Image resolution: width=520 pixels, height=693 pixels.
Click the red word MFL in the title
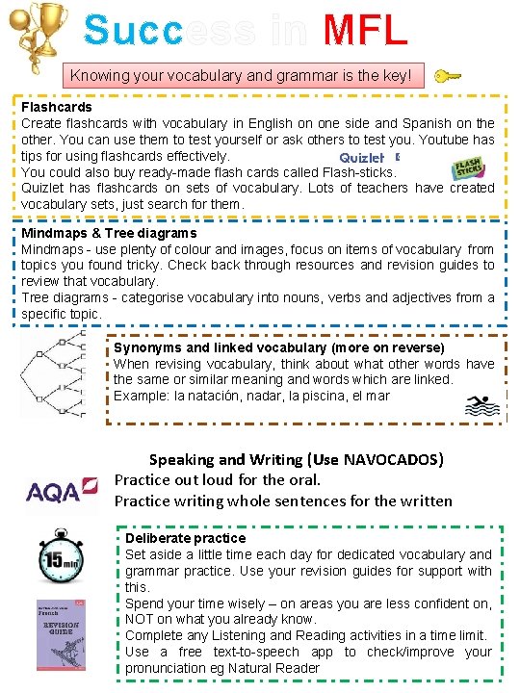(365, 30)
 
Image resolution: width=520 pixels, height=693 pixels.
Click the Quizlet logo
(362, 158)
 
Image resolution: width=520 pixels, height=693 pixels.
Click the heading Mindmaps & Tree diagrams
(109, 233)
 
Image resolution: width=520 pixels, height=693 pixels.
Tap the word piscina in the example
(315, 396)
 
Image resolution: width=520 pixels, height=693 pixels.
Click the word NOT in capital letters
(142, 619)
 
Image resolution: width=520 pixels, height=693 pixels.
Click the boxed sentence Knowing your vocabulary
(241, 74)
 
